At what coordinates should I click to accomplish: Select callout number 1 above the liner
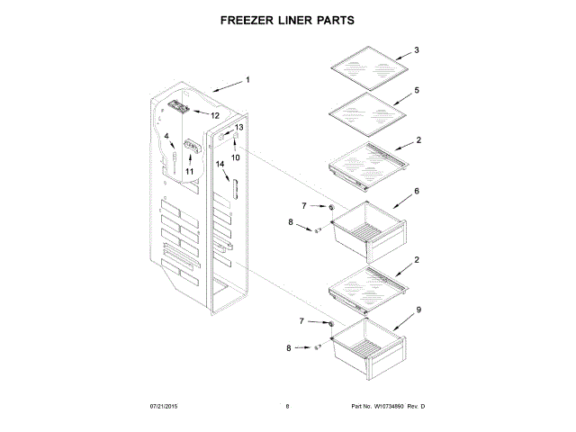pos(247,80)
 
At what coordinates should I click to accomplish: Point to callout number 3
pos(417,49)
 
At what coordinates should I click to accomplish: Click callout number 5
pos(417,91)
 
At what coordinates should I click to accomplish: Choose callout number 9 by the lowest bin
pos(417,309)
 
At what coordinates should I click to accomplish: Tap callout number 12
pos(215,115)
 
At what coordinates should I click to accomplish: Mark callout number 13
pos(238,128)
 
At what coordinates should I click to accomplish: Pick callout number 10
pos(236,157)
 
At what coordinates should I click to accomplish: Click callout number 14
pos(220,164)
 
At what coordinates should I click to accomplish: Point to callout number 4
pos(166,136)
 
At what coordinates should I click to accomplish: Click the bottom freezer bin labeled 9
pos(367,346)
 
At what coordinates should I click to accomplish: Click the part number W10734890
pos(391,407)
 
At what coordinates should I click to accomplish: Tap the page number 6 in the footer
pos(287,407)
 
